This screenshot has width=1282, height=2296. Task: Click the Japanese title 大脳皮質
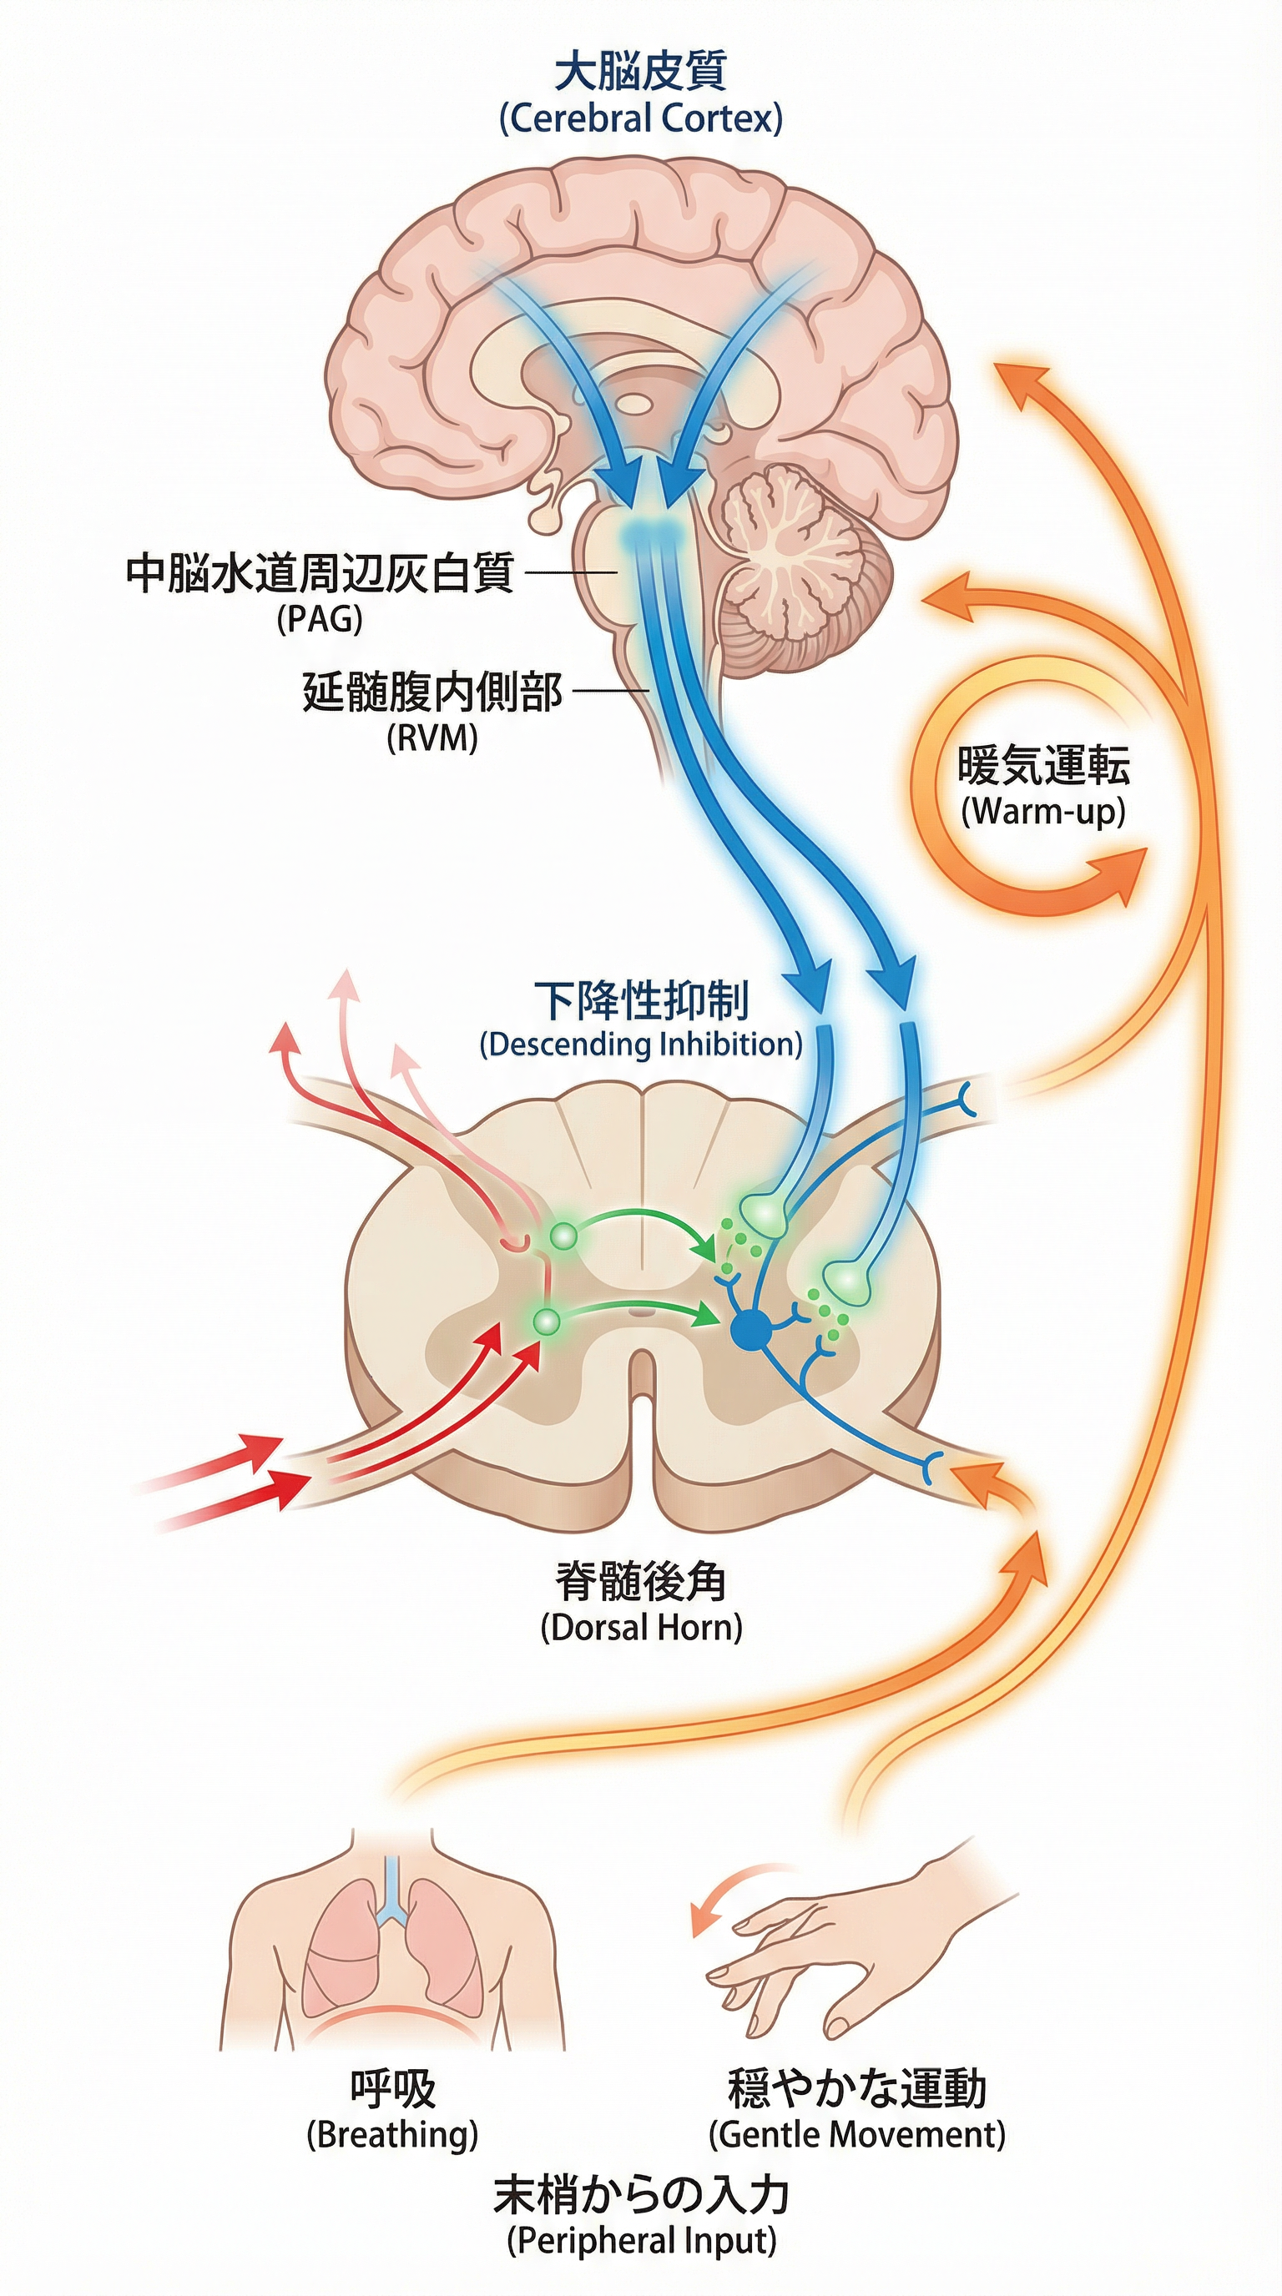coord(640,71)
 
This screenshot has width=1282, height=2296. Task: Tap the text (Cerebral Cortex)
coord(640,118)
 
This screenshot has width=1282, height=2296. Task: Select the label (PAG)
coord(320,618)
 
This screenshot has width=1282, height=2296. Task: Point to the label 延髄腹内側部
coord(432,692)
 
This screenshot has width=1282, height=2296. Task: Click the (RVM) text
coord(432,739)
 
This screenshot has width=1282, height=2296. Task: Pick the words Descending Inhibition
coord(641,1044)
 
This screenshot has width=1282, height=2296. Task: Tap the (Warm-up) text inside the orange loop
coord(1044,812)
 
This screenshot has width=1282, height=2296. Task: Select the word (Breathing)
coord(392,2135)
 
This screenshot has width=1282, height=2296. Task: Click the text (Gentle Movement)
coord(856,2135)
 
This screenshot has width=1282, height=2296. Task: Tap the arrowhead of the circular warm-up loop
coord(1119,874)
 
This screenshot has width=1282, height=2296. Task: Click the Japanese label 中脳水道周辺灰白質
coord(319,573)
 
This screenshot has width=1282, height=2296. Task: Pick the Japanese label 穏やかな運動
coord(856,2088)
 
